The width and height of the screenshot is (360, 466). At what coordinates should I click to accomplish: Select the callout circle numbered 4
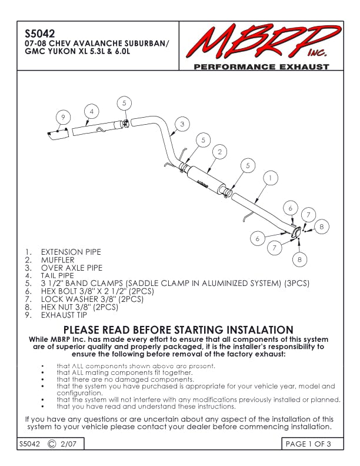click(91, 111)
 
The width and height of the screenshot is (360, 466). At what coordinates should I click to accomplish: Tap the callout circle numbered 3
click(182, 124)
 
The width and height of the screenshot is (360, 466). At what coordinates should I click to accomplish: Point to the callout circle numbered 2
click(219, 152)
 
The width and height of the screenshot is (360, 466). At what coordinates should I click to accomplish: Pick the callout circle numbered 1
click(269, 177)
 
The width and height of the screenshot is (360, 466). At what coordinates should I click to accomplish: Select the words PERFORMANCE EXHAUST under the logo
click(261, 67)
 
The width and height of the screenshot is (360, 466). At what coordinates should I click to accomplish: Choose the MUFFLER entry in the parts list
click(58, 259)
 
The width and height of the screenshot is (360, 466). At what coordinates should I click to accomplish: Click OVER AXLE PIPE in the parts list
click(71, 267)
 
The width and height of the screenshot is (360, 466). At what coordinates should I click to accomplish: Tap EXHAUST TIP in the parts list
click(64, 315)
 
